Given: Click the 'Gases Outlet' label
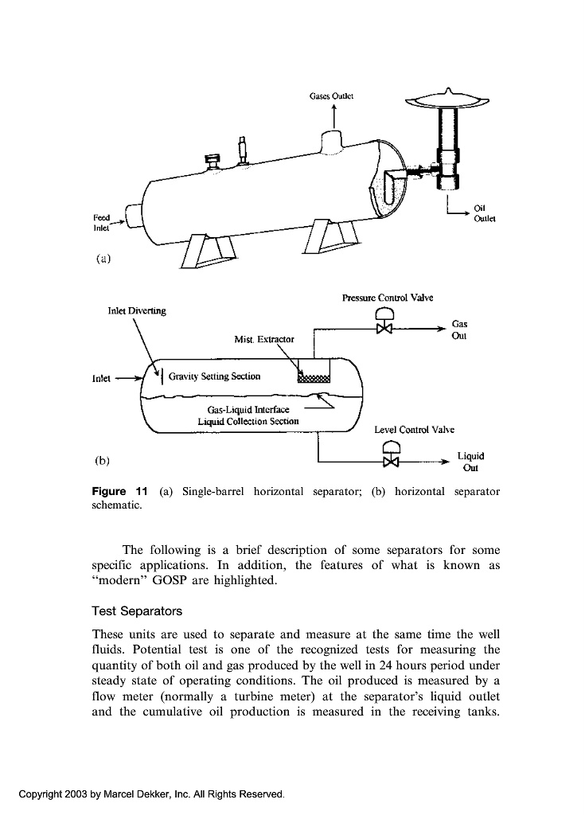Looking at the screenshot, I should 331,96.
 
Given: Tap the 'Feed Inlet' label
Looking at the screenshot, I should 102,221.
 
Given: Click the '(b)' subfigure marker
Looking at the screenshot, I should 102,460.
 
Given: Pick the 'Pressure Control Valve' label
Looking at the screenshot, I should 388,298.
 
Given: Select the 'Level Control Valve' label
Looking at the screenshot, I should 414,430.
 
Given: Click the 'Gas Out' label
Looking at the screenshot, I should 459,330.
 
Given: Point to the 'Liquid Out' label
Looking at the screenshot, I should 470,462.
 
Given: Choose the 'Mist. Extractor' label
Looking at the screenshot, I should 264,339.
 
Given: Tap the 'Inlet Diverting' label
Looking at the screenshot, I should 137,310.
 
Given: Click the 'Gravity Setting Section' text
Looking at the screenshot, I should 214,376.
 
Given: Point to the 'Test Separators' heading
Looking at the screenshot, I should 137,611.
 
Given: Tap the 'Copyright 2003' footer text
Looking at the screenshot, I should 151,794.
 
